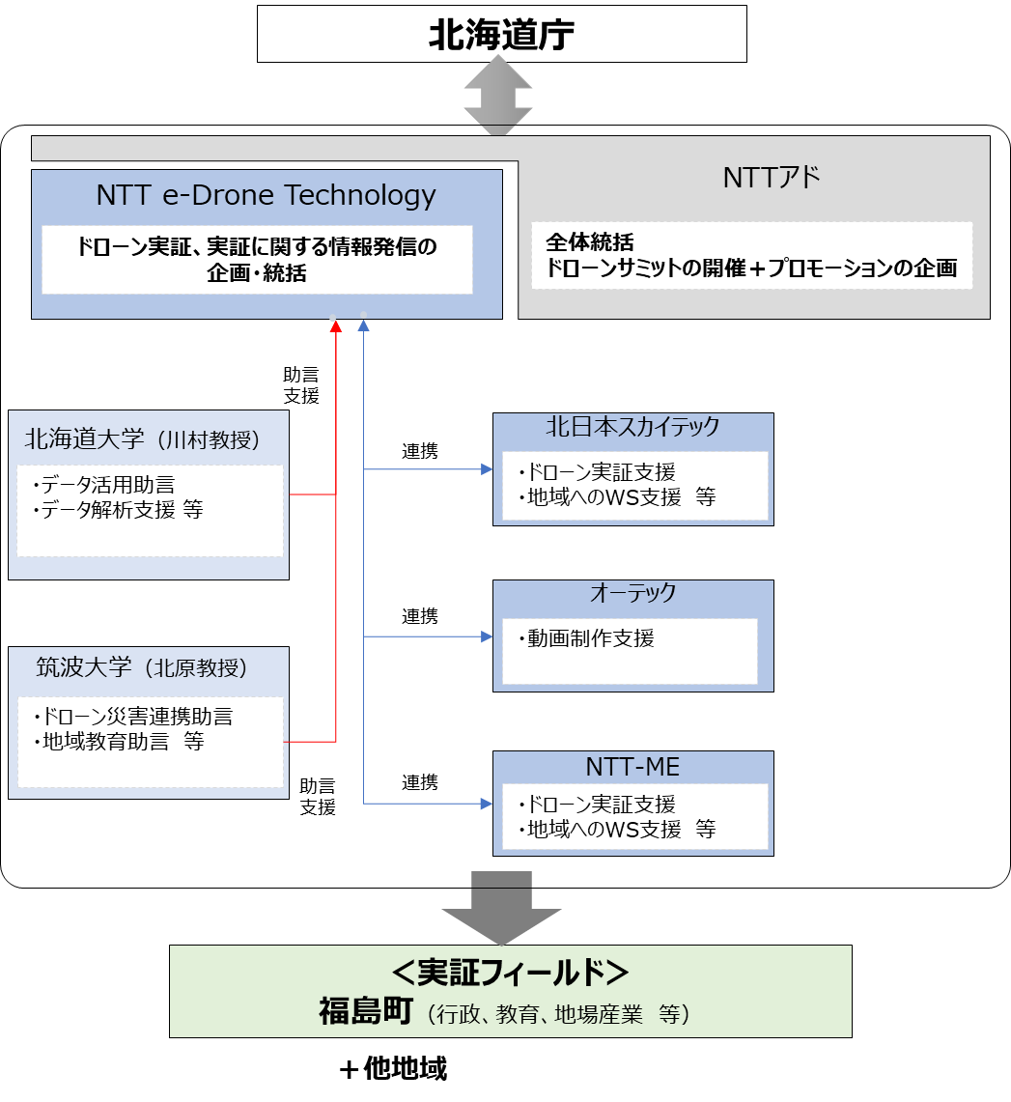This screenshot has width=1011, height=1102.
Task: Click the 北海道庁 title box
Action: [x=501, y=35]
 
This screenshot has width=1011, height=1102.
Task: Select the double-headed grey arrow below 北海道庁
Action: [x=498, y=96]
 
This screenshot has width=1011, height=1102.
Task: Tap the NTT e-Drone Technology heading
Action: [x=267, y=196]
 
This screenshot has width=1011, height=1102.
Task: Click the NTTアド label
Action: [x=772, y=178]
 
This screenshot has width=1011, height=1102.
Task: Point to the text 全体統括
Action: [x=590, y=242]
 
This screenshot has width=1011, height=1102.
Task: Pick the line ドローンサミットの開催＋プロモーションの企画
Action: [x=751, y=268]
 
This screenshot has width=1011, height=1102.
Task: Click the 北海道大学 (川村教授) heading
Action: [x=143, y=439]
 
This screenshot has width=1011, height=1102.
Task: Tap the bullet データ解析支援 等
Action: [x=118, y=510]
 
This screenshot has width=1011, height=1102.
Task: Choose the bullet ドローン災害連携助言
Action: [x=132, y=717]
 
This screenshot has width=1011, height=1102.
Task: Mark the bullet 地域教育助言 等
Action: [x=119, y=742]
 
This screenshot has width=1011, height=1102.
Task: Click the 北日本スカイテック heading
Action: [x=632, y=427]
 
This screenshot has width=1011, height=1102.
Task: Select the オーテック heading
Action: [x=632, y=593]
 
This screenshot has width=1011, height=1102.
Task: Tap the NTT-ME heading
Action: [x=632, y=768]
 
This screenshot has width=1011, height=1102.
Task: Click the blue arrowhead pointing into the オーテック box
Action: [x=487, y=636]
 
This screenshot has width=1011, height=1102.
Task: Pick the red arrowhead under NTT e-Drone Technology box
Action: [x=336, y=326]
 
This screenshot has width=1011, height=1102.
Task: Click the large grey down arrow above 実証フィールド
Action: [x=501, y=912]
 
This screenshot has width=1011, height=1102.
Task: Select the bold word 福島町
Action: [x=366, y=1012]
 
